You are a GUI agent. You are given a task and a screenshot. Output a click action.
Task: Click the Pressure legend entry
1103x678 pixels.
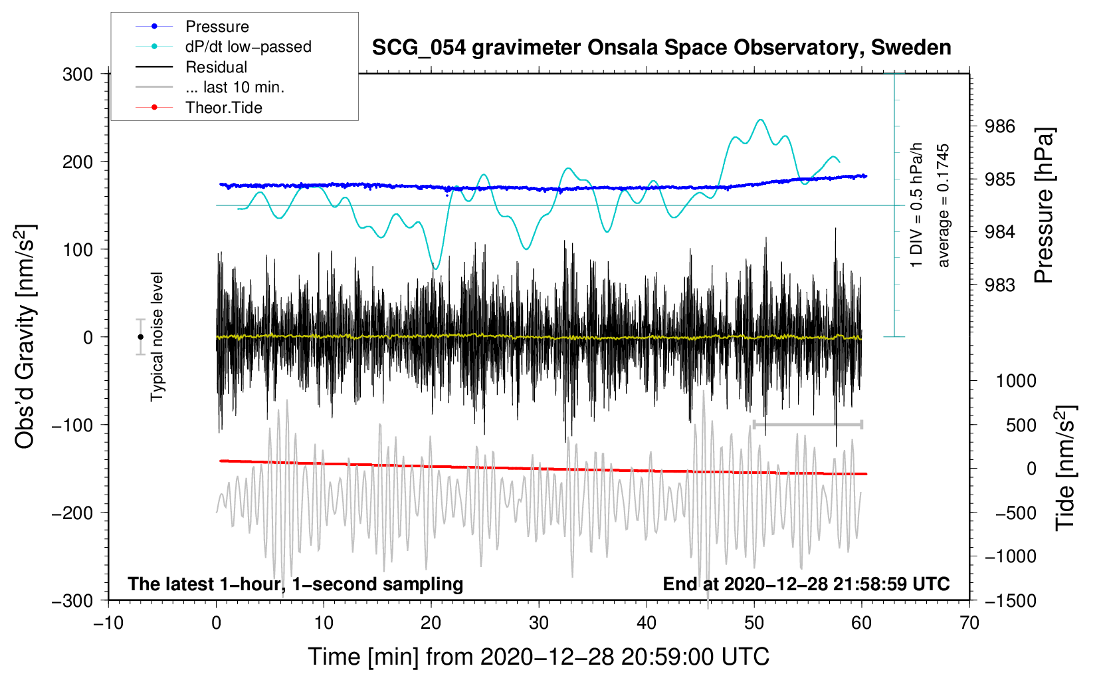tap(192, 26)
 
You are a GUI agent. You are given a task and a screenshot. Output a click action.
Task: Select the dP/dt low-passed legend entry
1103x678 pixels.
tap(223, 47)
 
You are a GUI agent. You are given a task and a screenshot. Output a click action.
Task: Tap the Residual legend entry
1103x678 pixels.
tap(191, 67)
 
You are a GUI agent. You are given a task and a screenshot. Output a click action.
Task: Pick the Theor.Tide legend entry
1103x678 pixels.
tap(199, 108)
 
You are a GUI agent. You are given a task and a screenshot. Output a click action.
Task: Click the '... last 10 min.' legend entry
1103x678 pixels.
tap(210, 87)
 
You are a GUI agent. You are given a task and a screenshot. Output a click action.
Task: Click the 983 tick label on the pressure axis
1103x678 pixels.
tap(999, 284)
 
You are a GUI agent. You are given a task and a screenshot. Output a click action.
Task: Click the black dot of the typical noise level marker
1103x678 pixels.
tap(140, 337)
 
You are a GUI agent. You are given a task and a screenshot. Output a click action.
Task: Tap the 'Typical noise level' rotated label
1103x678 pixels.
tap(157, 337)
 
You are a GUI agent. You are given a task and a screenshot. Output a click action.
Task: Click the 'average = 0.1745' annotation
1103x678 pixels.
tap(943, 205)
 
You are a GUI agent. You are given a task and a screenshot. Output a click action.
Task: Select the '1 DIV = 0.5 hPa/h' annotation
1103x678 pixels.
tap(916, 205)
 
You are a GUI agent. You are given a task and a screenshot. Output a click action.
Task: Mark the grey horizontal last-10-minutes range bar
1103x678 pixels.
tap(807, 425)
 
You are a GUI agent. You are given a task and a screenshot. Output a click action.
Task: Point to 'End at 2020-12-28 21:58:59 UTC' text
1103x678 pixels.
tap(806, 584)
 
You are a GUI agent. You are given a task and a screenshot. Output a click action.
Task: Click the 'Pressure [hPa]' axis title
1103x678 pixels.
tap(1043, 205)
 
